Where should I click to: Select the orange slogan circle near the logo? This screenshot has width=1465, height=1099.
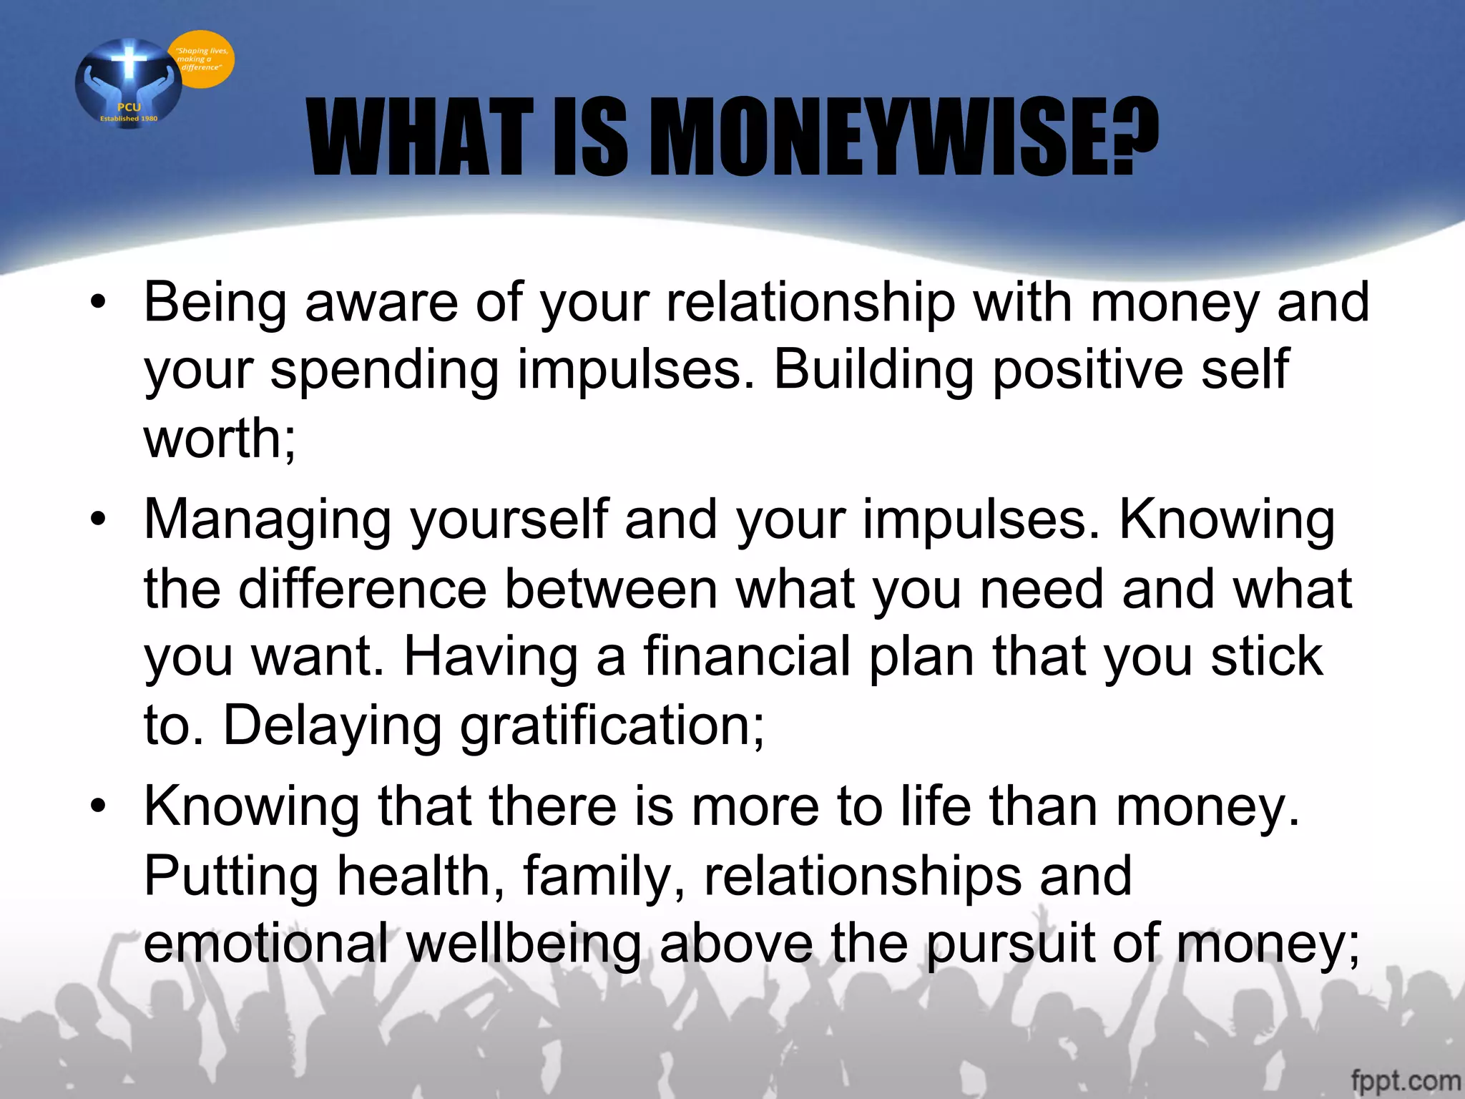click(202, 59)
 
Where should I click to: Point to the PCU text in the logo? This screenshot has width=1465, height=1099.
click(129, 107)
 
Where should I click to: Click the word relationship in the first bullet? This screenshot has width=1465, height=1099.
click(810, 303)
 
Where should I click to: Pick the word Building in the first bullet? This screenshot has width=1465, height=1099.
click(873, 370)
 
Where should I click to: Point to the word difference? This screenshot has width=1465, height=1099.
click(363, 589)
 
